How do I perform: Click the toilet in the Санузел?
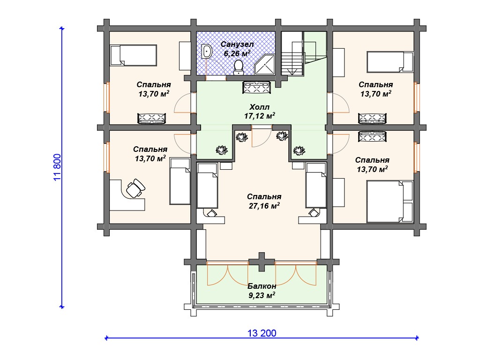click(x=238, y=67)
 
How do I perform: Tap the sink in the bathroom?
click(x=207, y=51)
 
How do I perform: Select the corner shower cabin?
click(x=265, y=64)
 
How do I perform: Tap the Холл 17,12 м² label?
click(x=260, y=112)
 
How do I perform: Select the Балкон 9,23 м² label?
click(x=262, y=291)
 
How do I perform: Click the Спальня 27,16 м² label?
click(x=264, y=201)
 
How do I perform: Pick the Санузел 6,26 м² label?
click(x=237, y=49)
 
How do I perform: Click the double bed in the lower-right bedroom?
click(x=390, y=202)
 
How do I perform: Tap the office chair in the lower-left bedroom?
click(x=135, y=188)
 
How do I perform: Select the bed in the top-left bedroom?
click(x=134, y=55)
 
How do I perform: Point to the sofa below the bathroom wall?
click(x=256, y=87)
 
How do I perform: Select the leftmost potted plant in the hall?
click(x=221, y=150)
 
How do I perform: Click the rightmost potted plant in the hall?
click(x=299, y=150)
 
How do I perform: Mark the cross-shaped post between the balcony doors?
click(x=262, y=262)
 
